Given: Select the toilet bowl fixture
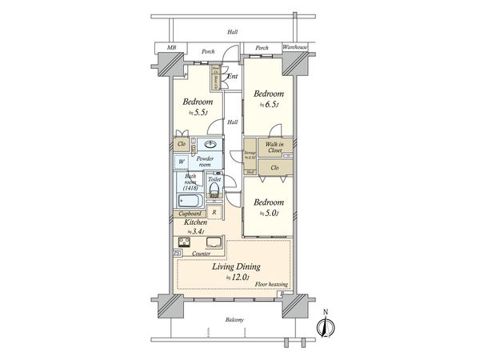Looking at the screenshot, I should click(214, 190).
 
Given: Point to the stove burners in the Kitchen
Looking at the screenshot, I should click(179, 242).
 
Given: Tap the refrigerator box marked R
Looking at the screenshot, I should click(214, 212).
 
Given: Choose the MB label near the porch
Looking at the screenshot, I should click(171, 49).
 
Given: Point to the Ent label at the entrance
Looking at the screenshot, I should click(232, 77).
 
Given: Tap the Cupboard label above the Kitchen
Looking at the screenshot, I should click(189, 214).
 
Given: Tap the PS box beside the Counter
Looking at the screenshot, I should click(177, 254).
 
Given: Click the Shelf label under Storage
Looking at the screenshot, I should click(250, 172).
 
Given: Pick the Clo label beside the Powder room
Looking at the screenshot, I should click(182, 145).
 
